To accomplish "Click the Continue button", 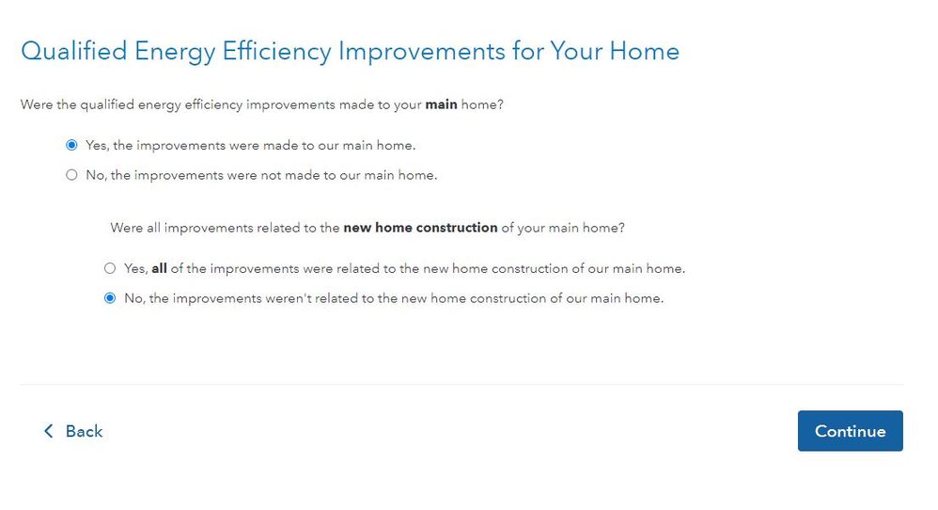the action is [x=850, y=431].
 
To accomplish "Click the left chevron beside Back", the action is [x=49, y=431].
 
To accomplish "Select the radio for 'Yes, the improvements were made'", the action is [x=71, y=145].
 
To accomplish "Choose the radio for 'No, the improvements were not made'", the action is [x=71, y=175].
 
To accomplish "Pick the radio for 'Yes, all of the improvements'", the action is [x=110, y=268].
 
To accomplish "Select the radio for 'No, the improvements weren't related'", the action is [x=110, y=298].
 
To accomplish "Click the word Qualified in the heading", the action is [x=74, y=52].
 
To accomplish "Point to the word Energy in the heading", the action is [x=175, y=53].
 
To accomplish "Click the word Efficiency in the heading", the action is [x=277, y=53].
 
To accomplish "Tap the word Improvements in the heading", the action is [x=422, y=53].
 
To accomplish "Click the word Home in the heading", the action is [x=644, y=52].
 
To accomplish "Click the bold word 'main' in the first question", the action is [x=442, y=104].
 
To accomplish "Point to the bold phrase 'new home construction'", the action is [x=420, y=228].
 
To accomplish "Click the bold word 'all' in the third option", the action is [x=159, y=268].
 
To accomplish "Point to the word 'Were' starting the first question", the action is [x=37, y=104].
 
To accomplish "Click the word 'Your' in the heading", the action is [x=576, y=52].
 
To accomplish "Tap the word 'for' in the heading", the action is [x=527, y=52].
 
